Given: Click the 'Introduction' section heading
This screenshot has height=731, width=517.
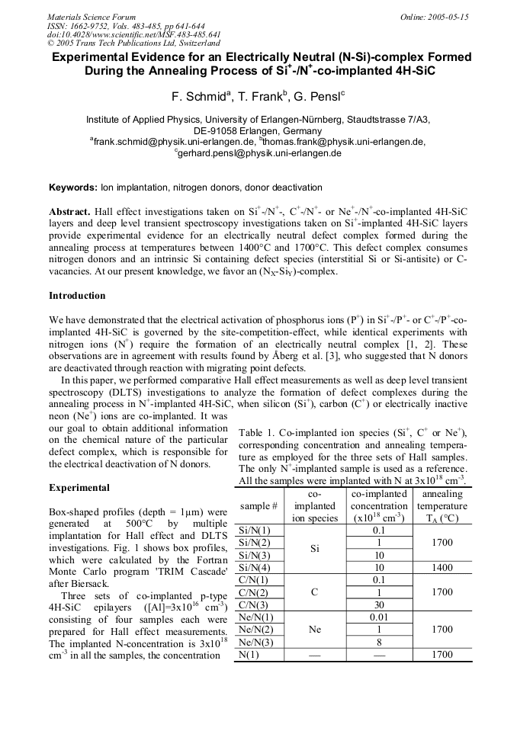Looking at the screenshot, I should click(x=77, y=295).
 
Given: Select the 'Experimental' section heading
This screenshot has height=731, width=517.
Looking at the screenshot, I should click(x=79, y=487).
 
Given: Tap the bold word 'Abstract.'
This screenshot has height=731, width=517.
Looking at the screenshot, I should click(x=70, y=210).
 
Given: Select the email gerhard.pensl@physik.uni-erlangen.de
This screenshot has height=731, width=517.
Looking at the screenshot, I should click(x=259, y=153).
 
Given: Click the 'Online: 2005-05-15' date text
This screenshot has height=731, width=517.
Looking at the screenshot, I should click(x=435, y=16).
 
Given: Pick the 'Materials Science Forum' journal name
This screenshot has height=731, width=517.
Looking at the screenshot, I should click(x=92, y=16).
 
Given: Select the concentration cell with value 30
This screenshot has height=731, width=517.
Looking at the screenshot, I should click(x=379, y=605).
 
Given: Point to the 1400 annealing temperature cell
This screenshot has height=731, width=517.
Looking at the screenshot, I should click(x=442, y=568).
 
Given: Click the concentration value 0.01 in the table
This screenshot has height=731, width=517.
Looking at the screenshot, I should click(x=379, y=617).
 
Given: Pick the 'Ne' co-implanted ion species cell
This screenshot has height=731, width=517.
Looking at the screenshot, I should click(x=316, y=630).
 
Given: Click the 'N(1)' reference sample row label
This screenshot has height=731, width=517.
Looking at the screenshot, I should click(x=249, y=654).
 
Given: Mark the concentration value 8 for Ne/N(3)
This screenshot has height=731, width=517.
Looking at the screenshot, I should click(x=379, y=642).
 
